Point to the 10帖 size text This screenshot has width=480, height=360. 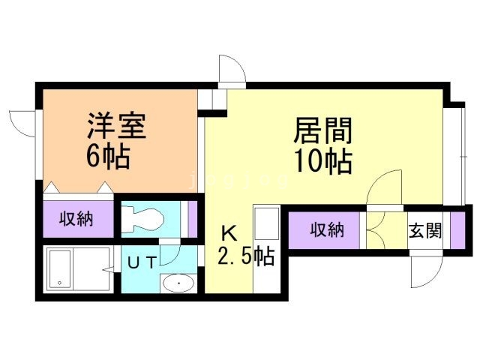(x=323, y=160)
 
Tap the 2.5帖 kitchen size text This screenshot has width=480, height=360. (x=244, y=257)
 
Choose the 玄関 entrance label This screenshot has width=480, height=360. (x=424, y=231)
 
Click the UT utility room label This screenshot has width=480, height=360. (x=142, y=263)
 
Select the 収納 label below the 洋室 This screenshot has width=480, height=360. (x=76, y=220)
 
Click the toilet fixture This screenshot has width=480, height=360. (x=143, y=220)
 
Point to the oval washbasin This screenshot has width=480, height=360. (x=178, y=284)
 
